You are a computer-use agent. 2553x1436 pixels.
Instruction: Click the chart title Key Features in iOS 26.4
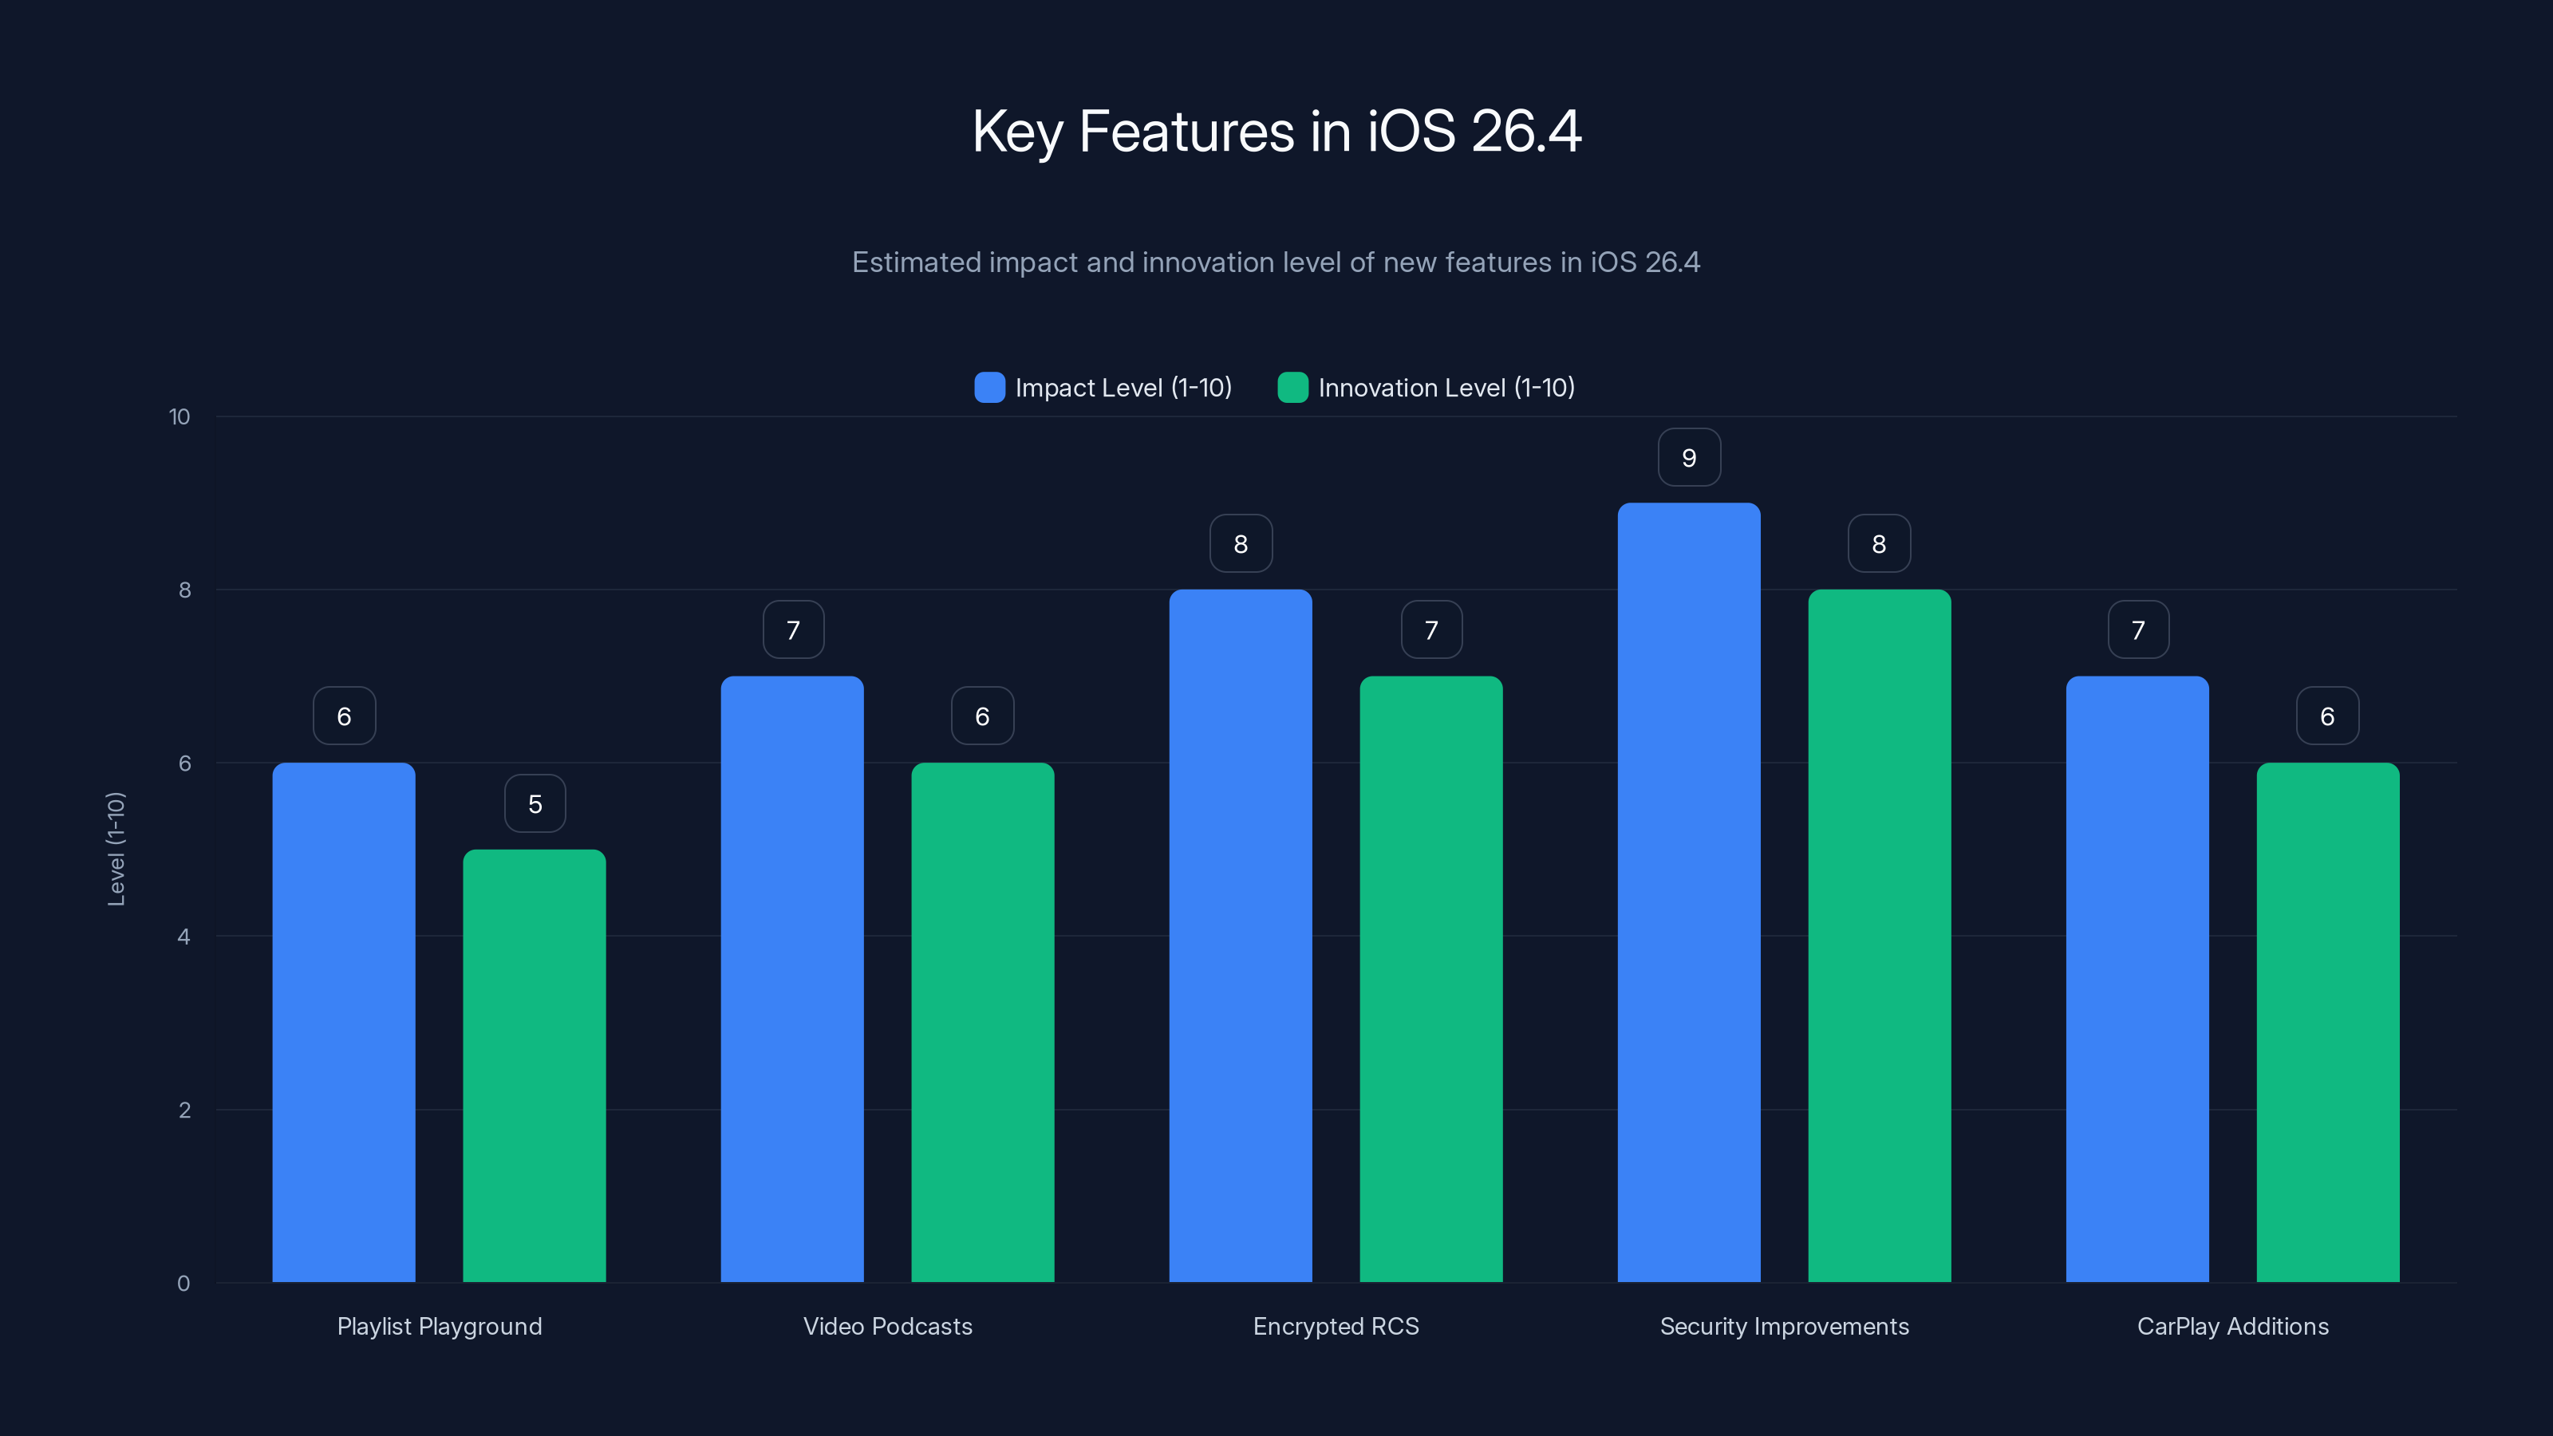tap(1276, 132)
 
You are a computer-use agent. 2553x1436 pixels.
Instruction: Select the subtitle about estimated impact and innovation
tap(1276, 262)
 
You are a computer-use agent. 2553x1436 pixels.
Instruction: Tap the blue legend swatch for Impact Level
tap(989, 388)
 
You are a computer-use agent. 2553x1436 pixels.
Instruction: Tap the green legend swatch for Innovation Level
tap(1292, 388)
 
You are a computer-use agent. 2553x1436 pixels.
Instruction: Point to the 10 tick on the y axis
tap(180, 417)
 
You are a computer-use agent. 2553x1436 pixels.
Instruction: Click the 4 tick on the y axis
tap(183, 937)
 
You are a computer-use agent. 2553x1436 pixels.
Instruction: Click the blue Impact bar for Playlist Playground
tap(344, 1021)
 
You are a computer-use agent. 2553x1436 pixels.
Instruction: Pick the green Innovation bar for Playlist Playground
tap(535, 1065)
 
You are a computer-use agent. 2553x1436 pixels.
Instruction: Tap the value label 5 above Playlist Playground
tap(535, 803)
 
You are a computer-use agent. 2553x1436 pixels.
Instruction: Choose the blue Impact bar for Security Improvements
tap(1689, 892)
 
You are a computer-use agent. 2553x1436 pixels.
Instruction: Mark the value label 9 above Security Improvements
tap(1689, 458)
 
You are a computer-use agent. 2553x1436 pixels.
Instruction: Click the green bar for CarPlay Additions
tap(2327, 1021)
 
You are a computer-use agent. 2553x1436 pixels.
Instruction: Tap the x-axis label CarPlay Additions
tap(2232, 1326)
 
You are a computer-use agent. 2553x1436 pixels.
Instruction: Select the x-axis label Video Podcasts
tap(887, 1326)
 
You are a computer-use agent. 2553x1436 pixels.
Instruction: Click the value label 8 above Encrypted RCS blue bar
tap(1240, 544)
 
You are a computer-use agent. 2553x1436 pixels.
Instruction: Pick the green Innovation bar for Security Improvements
tap(1879, 937)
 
